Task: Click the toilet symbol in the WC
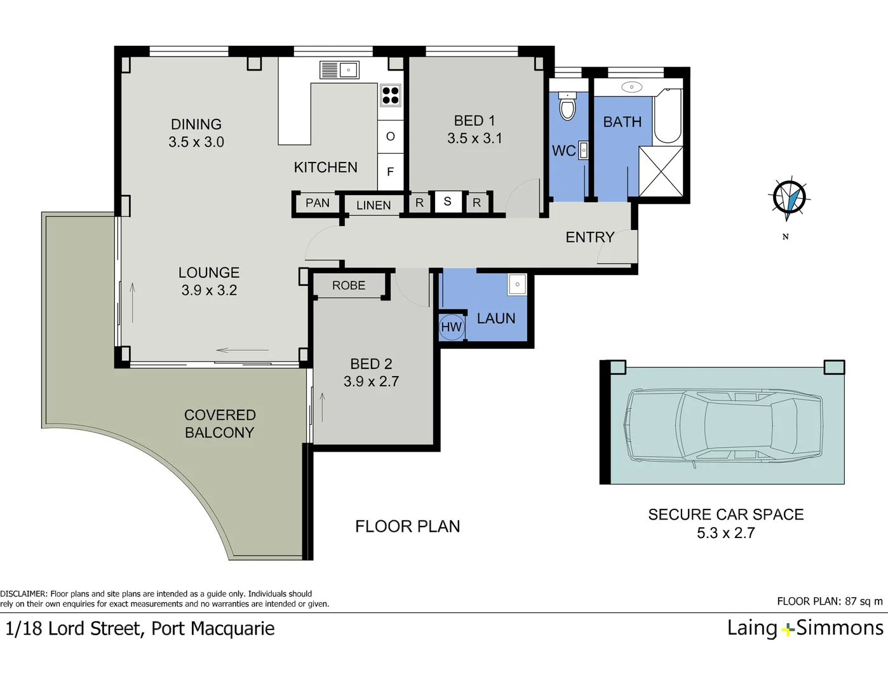click(x=567, y=106)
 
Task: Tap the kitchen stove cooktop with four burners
click(x=390, y=95)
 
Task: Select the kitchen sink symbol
click(x=339, y=70)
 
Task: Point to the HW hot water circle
click(x=452, y=327)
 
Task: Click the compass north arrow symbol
click(x=789, y=198)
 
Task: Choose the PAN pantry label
click(x=318, y=203)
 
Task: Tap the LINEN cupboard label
click(x=373, y=205)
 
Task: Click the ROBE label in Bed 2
click(x=349, y=285)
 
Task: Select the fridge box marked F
click(x=390, y=171)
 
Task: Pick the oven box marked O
click(x=390, y=137)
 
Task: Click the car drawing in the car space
click(x=722, y=426)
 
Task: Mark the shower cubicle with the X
click(x=661, y=171)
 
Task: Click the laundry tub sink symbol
click(x=517, y=284)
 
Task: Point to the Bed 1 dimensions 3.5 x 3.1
click(x=474, y=138)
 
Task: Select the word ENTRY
click(x=589, y=237)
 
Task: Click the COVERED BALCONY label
click(x=220, y=424)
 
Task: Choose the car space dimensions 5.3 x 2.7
click(x=726, y=533)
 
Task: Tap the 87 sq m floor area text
click(x=864, y=602)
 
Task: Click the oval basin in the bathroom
click(x=632, y=86)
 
